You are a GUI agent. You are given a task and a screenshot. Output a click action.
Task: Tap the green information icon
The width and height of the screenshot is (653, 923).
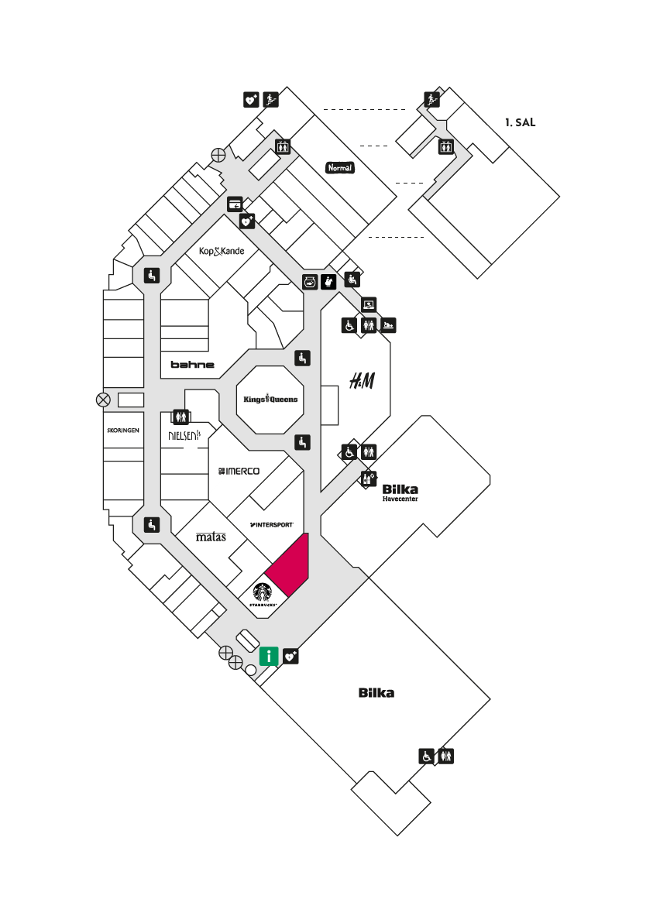[x=269, y=656]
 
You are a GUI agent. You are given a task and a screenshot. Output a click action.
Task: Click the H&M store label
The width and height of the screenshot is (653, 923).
[x=362, y=381]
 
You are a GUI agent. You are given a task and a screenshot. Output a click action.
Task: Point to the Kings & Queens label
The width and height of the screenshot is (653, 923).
[x=270, y=399]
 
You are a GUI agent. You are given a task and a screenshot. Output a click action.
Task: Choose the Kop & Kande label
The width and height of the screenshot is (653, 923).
[x=222, y=252]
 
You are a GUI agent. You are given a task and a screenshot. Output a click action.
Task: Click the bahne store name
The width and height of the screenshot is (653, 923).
[x=193, y=365]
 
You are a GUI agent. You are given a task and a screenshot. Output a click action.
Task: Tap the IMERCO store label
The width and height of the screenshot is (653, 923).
[x=239, y=471]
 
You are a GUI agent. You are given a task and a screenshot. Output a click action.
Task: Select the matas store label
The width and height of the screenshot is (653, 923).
[x=211, y=537]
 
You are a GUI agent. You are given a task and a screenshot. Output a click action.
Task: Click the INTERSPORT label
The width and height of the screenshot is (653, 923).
[x=271, y=524]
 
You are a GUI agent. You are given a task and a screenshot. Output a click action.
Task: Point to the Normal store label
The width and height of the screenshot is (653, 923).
[x=340, y=168]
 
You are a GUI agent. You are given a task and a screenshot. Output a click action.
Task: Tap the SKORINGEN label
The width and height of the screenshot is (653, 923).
[x=123, y=431]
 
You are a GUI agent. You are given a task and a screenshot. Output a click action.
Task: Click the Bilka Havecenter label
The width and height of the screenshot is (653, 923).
[x=400, y=492]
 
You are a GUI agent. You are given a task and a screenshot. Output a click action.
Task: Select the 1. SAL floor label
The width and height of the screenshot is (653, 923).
[x=521, y=122]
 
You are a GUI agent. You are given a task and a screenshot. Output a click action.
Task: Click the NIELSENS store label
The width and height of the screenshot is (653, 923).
[x=184, y=436]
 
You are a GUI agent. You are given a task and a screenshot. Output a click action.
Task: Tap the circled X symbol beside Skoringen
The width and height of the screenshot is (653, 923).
[x=103, y=400]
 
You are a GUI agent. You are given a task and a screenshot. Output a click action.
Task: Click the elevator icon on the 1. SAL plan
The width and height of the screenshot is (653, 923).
[x=445, y=146]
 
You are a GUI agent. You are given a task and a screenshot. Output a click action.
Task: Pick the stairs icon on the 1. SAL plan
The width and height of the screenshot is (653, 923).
[x=432, y=99]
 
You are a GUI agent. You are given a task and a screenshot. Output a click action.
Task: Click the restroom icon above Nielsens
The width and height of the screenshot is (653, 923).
[x=180, y=417]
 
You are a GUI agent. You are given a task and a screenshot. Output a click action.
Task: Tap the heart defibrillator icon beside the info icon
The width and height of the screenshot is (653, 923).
[x=291, y=656]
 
